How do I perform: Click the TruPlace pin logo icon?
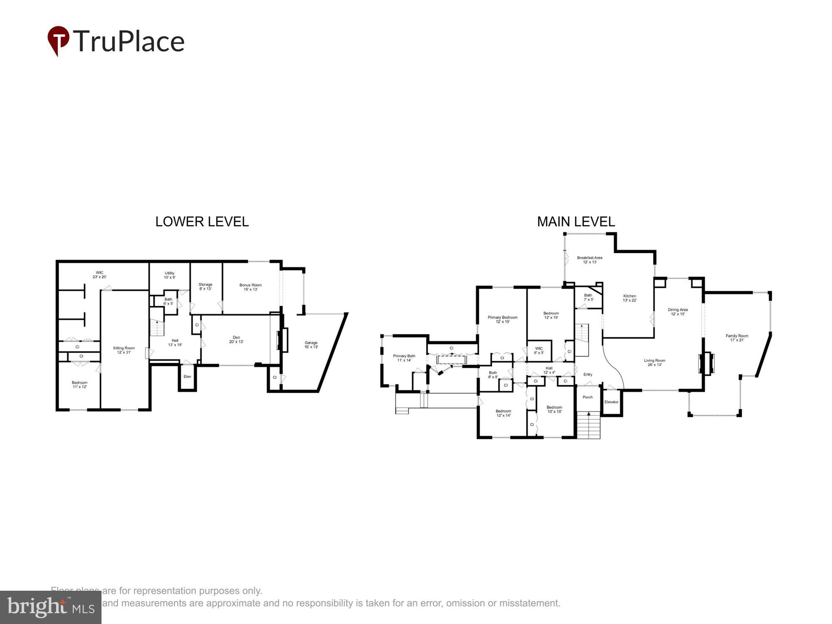(x=58, y=40)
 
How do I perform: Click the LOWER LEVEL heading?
(x=202, y=222)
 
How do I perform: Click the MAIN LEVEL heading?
(x=576, y=222)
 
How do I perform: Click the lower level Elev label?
(x=187, y=376)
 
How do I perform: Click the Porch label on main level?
(x=587, y=397)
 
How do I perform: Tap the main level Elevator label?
(x=611, y=402)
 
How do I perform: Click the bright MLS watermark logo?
(x=50, y=607)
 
